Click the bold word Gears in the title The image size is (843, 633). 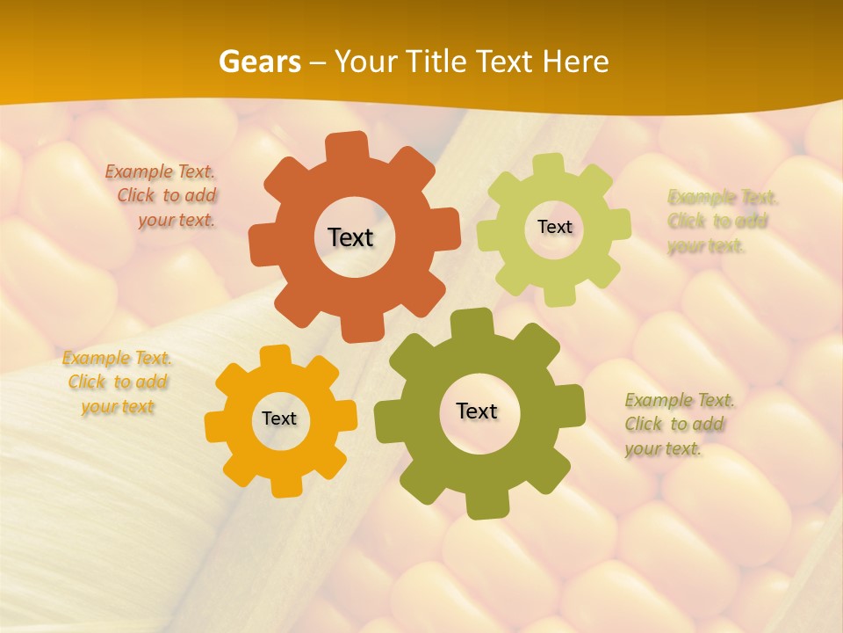point(259,62)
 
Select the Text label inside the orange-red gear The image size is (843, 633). point(350,237)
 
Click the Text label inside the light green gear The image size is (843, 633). point(554,227)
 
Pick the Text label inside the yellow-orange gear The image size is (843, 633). point(279,418)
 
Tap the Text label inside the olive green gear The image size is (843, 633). point(477,411)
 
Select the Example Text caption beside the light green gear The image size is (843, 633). point(720,222)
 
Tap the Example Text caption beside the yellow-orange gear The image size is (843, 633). point(118,382)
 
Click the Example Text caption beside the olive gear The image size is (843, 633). point(678,425)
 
